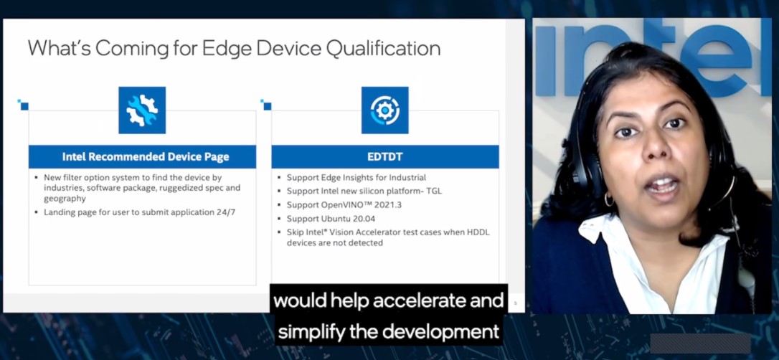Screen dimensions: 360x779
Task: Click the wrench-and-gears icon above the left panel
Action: [x=142, y=110]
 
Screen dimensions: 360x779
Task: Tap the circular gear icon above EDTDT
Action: [x=384, y=110]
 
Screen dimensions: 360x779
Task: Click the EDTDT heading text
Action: [x=385, y=157]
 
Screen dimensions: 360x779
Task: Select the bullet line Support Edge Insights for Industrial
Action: [x=356, y=177]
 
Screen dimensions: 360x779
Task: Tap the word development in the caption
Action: [x=440, y=332]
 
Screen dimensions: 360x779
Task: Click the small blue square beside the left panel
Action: [x=24, y=106]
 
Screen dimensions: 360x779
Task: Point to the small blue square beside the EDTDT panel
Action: [x=268, y=106]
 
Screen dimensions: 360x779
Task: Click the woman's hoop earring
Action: [x=608, y=199]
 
